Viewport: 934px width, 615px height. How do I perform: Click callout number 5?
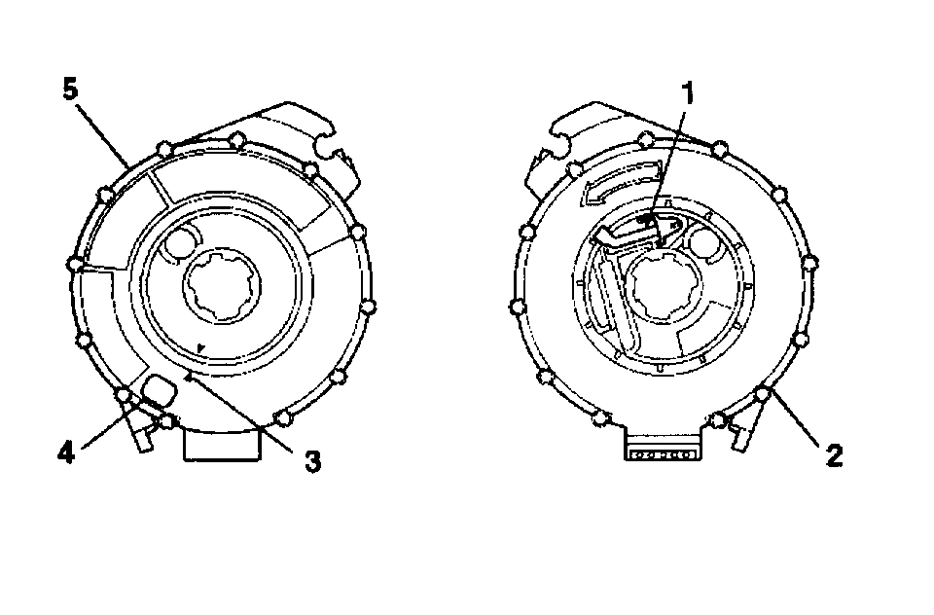pos(70,90)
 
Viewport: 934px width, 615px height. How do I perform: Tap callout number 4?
pos(66,453)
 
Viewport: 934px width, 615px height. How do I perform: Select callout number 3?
pos(312,461)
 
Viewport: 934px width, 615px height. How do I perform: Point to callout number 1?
pos(688,94)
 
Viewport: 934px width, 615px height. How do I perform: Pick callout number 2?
pos(835,455)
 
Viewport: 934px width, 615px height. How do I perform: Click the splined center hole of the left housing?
pos(222,286)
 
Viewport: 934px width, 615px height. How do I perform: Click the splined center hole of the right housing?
pos(665,287)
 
